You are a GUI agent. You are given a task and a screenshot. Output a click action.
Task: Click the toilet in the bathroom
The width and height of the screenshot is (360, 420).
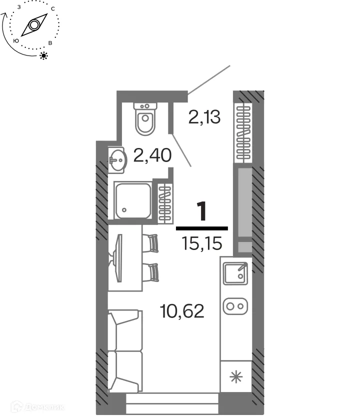[x=145, y=119]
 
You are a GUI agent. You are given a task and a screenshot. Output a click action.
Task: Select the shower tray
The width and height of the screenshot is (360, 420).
[x=132, y=200]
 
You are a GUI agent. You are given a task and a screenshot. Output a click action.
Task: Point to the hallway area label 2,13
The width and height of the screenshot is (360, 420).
[x=204, y=117]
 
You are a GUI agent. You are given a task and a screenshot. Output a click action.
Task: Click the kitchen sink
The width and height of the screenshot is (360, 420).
[x=235, y=273]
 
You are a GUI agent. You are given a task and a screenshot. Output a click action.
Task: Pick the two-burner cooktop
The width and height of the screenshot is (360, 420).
[x=235, y=305]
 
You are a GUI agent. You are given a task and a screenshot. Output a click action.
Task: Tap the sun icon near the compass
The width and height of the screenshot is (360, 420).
[x=44, y=55]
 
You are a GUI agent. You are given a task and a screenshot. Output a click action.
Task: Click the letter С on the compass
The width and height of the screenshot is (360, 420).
[x=52, y=9]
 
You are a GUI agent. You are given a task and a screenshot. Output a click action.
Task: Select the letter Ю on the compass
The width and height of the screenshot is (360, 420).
[x=16, y=41]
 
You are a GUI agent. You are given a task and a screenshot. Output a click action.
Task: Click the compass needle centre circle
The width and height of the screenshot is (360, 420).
[x=34, y=25]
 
